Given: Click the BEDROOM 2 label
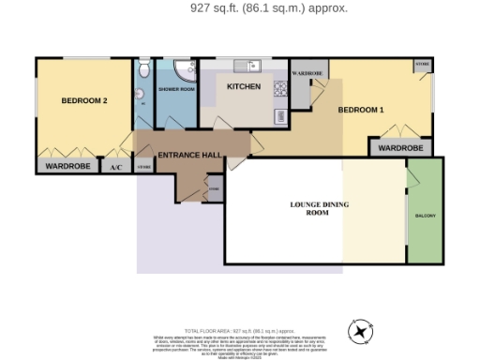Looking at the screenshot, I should pyautogui.click(x=84, y=100).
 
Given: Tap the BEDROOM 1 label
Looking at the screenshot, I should pyautogui.click(x=361, y=111).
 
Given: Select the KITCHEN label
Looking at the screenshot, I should pyautogui.click(x=244, y=86).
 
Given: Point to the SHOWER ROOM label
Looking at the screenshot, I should pyautogui.click(x=175, y=89).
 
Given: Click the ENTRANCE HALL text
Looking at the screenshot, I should pyautogui.click(x=189, y=155).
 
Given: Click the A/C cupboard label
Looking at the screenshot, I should pyautogui.click(x=116, y=167).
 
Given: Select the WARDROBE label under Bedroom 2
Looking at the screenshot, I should pyautogui.click(x=67, y=167).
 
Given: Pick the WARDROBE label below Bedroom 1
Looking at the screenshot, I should pyautogui.click(x=400, y=148).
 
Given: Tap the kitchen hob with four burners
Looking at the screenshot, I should pyautogui.click(x=279, y=89).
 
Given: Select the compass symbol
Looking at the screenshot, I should pyautogui.click(x=361, y=330).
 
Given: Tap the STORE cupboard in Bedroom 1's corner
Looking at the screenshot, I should pyautogui.click(x=423, y=66).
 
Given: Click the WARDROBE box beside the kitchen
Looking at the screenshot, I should pyautogui.click(x=307, y=73).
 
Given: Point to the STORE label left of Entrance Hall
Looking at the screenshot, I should pyautogui.click(x=143, y=167).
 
